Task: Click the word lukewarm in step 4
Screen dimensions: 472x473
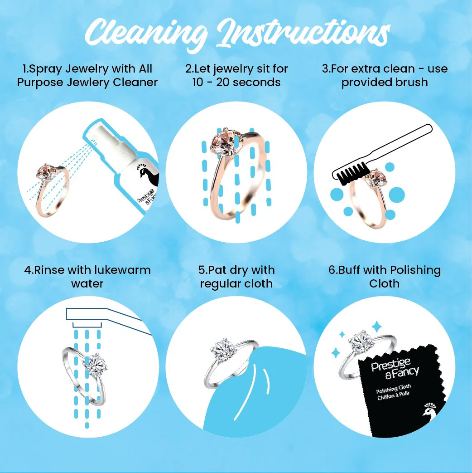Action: pos(123,270)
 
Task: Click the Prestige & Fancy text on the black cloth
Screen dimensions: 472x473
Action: pos(395,368)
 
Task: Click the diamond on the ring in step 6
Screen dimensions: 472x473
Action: pos(361,342)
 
